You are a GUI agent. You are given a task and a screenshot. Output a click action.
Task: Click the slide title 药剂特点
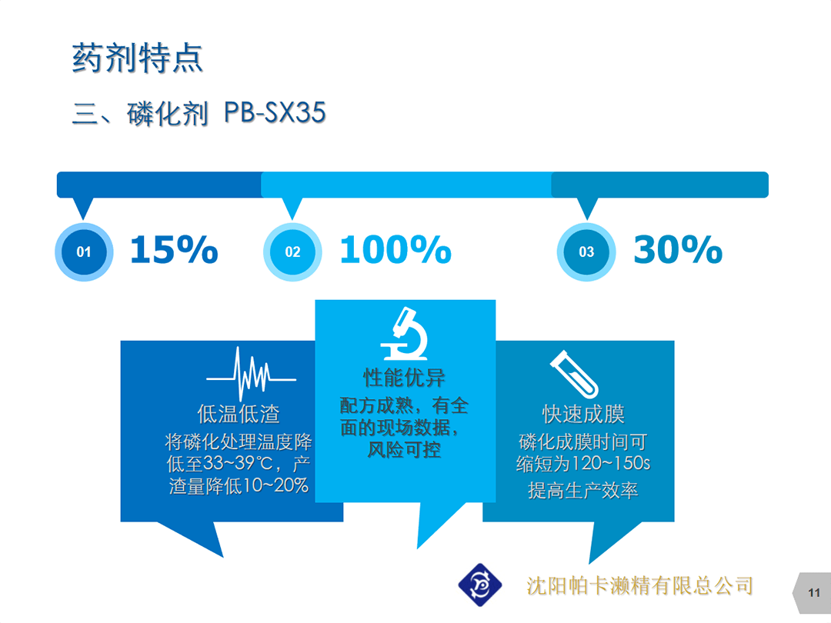[138, 58]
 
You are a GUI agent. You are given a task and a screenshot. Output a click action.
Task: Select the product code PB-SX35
[275, 112]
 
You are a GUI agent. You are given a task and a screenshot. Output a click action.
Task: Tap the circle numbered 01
[84, 252]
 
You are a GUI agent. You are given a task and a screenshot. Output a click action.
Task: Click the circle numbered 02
[292, 252]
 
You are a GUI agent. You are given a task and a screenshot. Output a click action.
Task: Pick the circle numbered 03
[586, 252]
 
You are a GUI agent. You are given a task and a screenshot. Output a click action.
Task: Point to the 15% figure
[174, 249]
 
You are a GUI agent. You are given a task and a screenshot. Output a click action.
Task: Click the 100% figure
[395, 249]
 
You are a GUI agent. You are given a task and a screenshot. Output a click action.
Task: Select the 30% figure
[678, 249]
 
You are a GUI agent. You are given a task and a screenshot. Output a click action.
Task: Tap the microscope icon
[405, 334]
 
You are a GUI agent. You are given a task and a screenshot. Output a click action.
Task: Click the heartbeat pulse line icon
[251, 374]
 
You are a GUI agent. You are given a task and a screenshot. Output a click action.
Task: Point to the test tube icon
[574, 374]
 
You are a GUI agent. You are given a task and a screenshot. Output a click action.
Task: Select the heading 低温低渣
[239, 414]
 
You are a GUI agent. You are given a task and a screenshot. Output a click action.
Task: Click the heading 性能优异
[405, 378]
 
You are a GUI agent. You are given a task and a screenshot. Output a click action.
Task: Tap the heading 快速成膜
[583, 414]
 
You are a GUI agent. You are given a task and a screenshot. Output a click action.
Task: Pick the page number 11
[814, 593]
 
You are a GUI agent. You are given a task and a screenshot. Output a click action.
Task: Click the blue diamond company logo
[480, 585]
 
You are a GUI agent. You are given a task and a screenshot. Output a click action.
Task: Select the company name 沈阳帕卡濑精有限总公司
[639, 586]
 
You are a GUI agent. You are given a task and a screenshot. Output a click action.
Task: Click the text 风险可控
[405, 450]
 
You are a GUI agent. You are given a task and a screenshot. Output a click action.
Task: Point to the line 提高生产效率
[583, 490]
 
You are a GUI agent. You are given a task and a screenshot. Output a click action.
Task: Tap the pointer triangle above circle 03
[586, 207]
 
